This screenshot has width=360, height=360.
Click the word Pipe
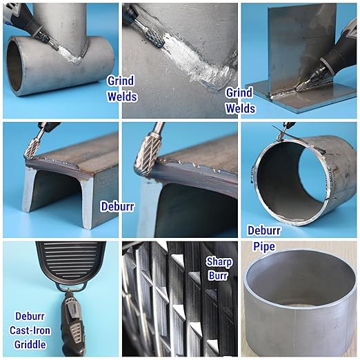pyautogui.click(x=264, y=246)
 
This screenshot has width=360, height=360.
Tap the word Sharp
pyautogui.click(x=219, y=262)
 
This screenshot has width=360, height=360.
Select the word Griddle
pyautogui.click(x=30, y=344)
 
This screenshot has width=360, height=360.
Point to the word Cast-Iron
pyautogui.click(x=30, y=330)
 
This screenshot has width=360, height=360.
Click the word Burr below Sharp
pyautogui.click(x=218, y=275)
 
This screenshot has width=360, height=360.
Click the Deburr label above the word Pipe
pyautogui.click(x=264, y=230)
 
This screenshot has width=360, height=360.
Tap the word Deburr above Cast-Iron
pyautogui.click(x=30, y=316)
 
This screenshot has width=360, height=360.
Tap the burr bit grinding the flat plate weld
pyautogui.click(x=301, y=86)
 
